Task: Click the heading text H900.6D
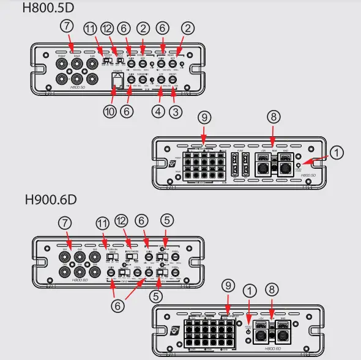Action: coord(50,199)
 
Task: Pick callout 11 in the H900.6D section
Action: coord(103,224)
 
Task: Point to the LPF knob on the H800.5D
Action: coord(160,79)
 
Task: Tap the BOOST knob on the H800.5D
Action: coord(174,79)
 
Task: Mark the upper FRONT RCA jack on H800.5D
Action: coord(62,62)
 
